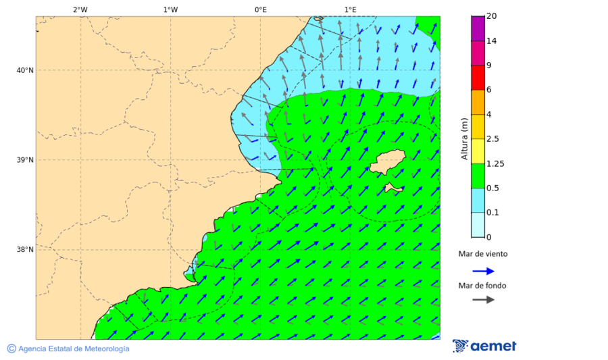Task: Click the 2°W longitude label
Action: tap(80, 9)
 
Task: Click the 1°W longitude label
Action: tap(170, 9)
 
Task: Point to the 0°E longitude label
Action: tap(260, 9)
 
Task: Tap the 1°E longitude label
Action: tap(350, 9)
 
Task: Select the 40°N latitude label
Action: tap(25, 70)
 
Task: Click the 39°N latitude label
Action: tap(25, 160)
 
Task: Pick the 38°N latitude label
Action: tap(25, 250)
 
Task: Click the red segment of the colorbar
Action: tap(478, 78)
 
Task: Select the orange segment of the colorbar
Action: tap(478, 102)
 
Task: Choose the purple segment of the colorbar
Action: tap(478, 28)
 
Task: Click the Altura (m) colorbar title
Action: tap(464, 139)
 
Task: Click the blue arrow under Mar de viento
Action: tap(483, 271)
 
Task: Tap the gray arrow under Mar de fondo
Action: tap(483, 300)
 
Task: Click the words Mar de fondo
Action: tap(482, 286)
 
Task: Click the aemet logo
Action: tap(484, 346)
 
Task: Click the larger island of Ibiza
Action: tap(387, 163)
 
